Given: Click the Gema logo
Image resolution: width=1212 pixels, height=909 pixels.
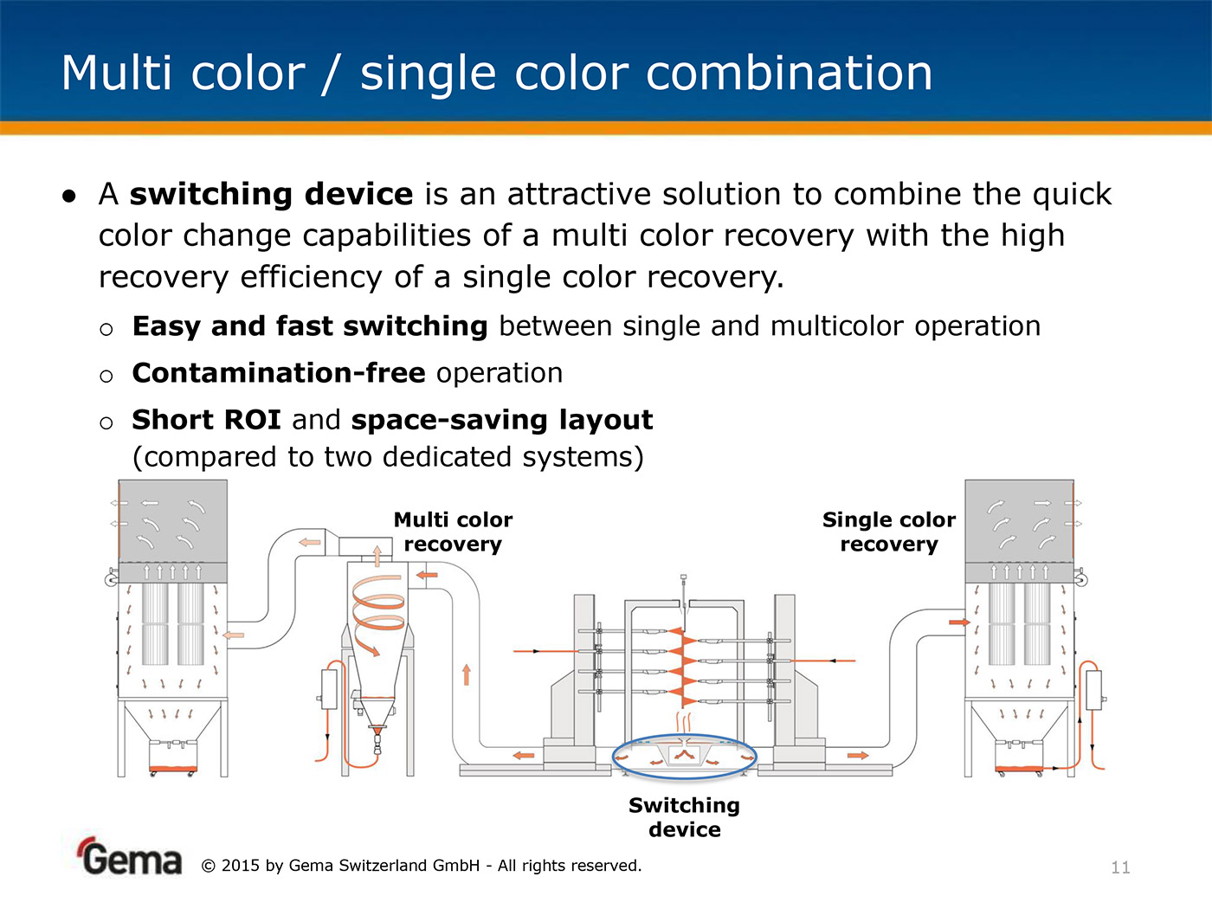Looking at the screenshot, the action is tap(130, 856).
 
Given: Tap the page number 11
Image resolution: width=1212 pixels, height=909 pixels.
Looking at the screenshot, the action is tap(1120, 867).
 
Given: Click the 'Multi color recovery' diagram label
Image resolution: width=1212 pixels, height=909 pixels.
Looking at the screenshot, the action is tap(453, 532).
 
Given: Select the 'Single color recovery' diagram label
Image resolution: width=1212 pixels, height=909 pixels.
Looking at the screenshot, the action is tap(889, 532).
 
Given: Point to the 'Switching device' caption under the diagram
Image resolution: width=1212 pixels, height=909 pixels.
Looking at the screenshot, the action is tap(684, 817).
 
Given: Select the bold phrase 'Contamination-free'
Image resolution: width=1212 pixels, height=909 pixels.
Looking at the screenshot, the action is tap(279, 373).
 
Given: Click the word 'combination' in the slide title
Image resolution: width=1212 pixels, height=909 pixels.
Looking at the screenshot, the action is tap(789, 73).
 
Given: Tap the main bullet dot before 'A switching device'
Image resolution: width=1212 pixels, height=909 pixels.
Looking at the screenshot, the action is tap(69, 196).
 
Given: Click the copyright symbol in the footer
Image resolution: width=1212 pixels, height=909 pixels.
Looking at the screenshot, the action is tap(208, 866).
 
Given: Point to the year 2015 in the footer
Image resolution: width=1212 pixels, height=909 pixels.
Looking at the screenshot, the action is tap(240, 866).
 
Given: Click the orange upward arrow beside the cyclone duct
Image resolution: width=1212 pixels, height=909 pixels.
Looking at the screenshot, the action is tap(467, 675).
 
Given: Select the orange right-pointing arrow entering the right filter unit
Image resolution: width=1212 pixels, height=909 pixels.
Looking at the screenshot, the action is tap(960, 622).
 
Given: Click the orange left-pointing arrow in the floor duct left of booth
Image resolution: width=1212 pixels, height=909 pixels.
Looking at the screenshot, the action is tap(524, 755).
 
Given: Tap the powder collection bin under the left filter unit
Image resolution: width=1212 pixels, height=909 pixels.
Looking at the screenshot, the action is tap(173, 755).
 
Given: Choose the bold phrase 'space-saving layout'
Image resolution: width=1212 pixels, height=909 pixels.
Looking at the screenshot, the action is tap(502, 421).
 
